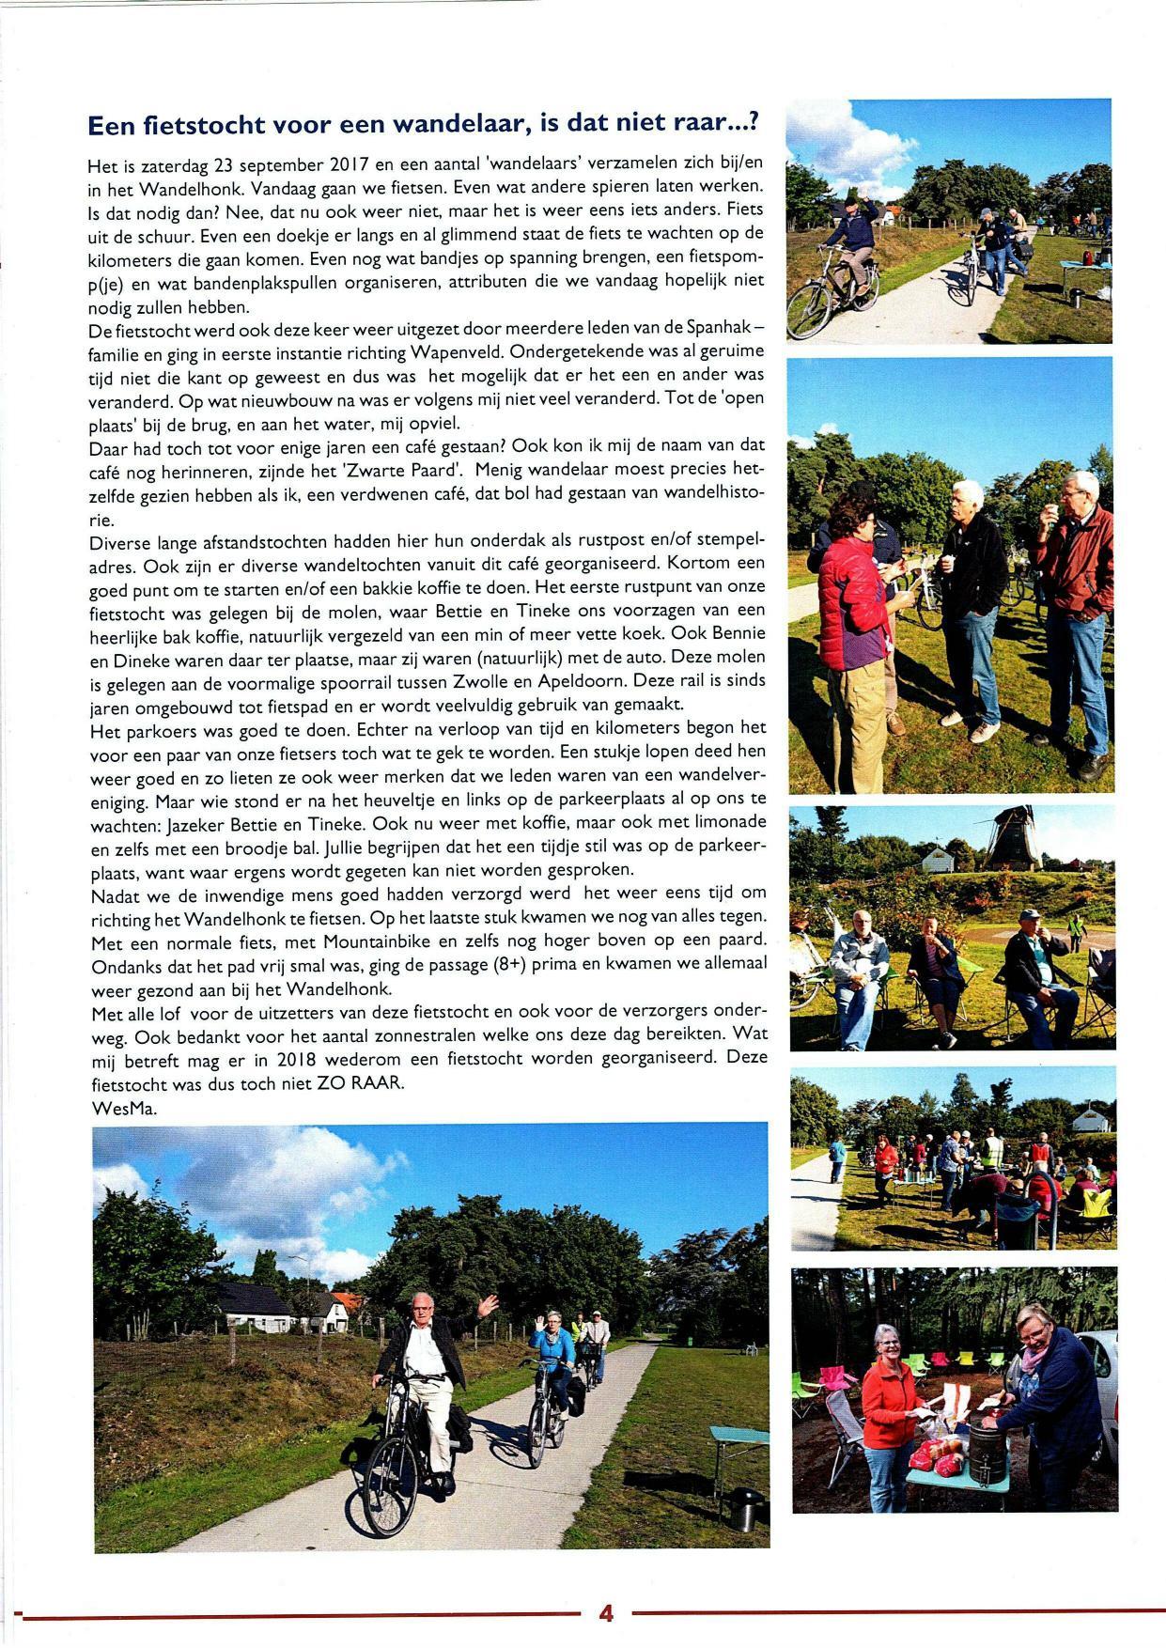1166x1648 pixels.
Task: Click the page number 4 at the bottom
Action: click(606, 1613)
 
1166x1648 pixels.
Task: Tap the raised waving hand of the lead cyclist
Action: click(488, 1305)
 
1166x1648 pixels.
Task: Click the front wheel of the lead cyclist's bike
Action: click(390, 1494)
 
